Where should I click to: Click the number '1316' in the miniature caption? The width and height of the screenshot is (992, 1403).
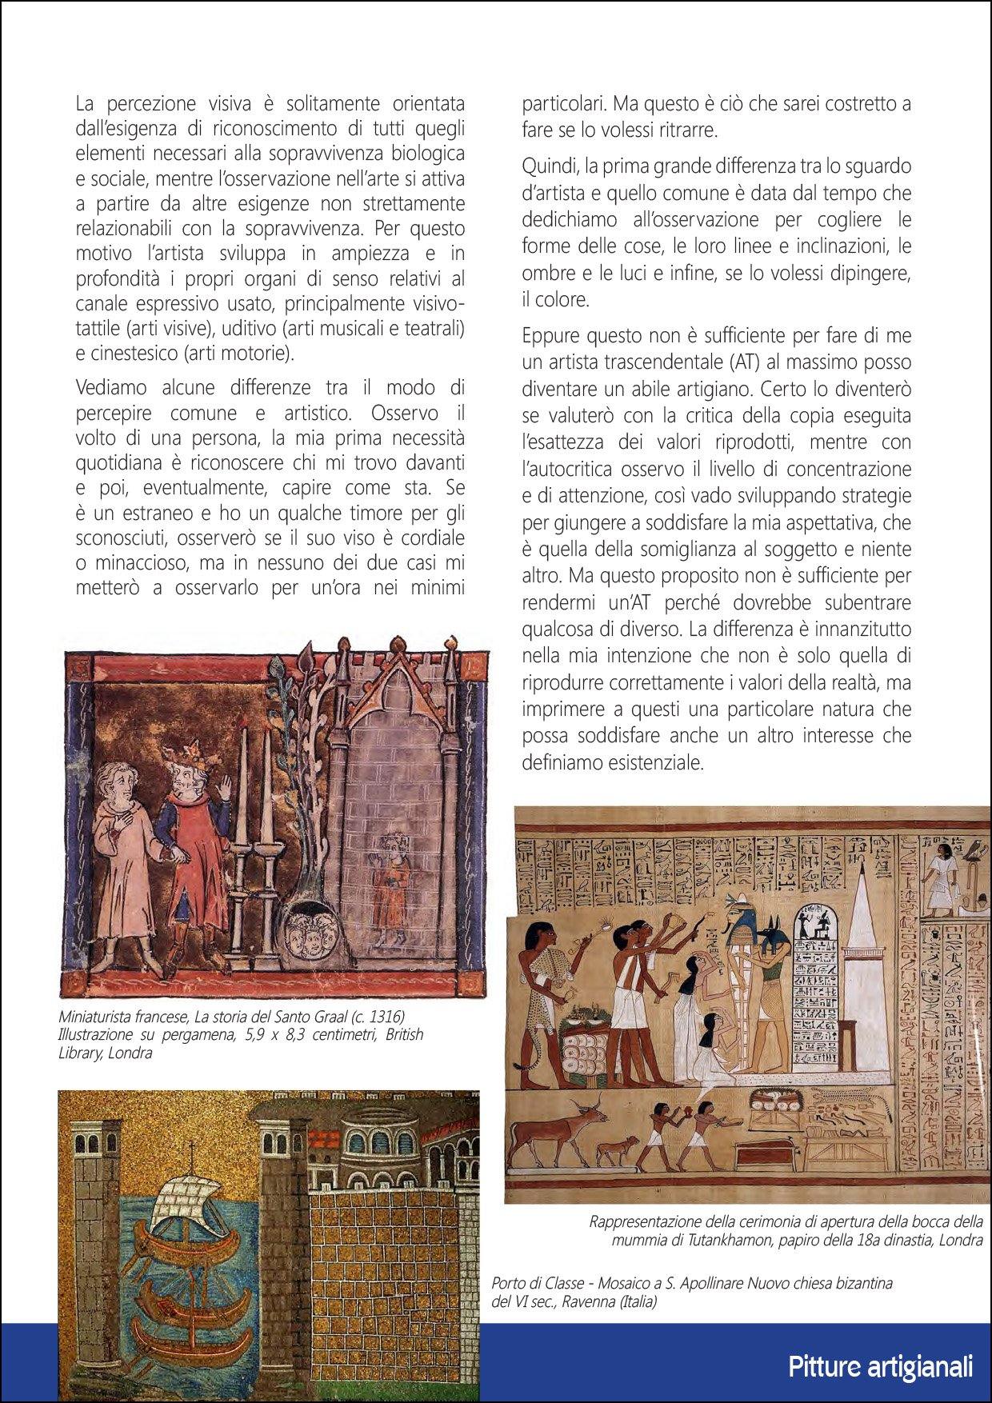point(383,1016)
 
